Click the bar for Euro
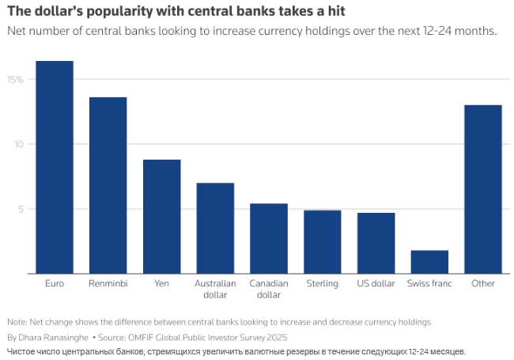coord(55,167)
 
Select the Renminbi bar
coord(108,185)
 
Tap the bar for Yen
coord(161,216)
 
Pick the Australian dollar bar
coord(215,228)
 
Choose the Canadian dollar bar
coord(269,238)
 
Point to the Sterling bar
coord(323,241)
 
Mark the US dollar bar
coord(376,243)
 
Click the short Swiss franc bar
coord(429,262)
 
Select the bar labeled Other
coord(483,189)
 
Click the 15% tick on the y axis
coord(16,79)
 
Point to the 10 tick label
coord(18,144)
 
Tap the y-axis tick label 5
coord(21,209)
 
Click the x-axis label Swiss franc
coord(429,282)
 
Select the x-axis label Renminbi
coord(108,282)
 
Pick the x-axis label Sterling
coord(323,282)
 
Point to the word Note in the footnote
coord(16,322)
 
